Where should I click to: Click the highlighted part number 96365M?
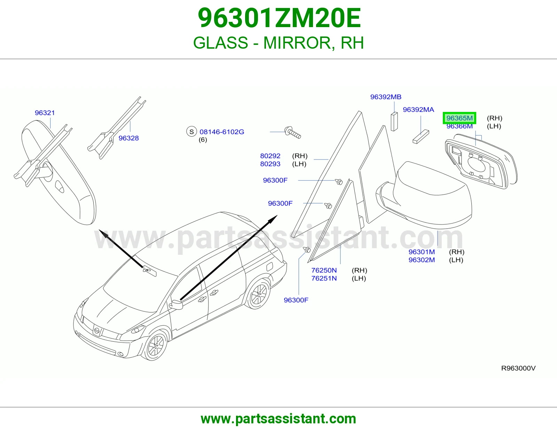[x=459, y=118]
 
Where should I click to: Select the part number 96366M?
[x=459, y=126]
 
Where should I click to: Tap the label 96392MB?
[x=386, y=97]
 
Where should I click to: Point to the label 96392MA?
[x=418, y=109]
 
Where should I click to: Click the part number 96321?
[x=45, y=113]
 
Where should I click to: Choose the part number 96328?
[x=128, y=138]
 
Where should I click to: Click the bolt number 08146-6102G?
[x=222, y=132]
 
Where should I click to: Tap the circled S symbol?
[x=191, y=132]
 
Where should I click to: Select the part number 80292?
[x=270, y=156]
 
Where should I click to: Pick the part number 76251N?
[x=324, y=278]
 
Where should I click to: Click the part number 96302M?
[x=422, y=260]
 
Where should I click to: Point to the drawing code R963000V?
[x=518, y=368]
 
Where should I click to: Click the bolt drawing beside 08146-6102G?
[x=293, y=132]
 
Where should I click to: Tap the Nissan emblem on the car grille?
[x=97, y=331]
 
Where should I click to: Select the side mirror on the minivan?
[x=176, y=304]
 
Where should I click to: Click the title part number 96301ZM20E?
[x=280, y=18]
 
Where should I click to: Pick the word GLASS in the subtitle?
[x=220, y=43]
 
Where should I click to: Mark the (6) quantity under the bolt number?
[x=203, y=140]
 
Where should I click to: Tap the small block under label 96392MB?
[x=394, y=122]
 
